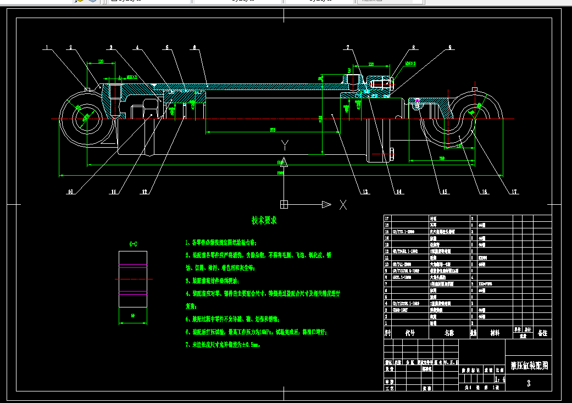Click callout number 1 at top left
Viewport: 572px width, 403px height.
(48, 47)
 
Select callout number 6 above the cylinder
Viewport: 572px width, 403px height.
(195, 47)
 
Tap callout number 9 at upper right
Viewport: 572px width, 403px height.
(449, 47)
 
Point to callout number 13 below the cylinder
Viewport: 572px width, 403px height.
(364, 192)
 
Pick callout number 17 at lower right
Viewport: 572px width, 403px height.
(514, 192)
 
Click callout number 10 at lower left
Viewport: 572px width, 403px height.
(70, 192)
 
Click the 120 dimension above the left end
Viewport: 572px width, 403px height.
(101, 61)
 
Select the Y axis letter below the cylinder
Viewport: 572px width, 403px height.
(285, 145)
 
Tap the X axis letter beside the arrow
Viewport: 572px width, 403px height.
(343, 204)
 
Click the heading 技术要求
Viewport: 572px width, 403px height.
(264, 220)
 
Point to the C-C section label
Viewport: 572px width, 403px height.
(133, 243)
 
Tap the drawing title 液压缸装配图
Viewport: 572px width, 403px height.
(529, 365)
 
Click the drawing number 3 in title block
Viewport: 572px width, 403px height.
(529, 384)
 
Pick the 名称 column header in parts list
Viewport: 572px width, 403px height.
(449, 333)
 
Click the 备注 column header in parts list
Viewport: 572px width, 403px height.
(542, 333)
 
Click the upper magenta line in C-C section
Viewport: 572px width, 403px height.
(133, 292)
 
